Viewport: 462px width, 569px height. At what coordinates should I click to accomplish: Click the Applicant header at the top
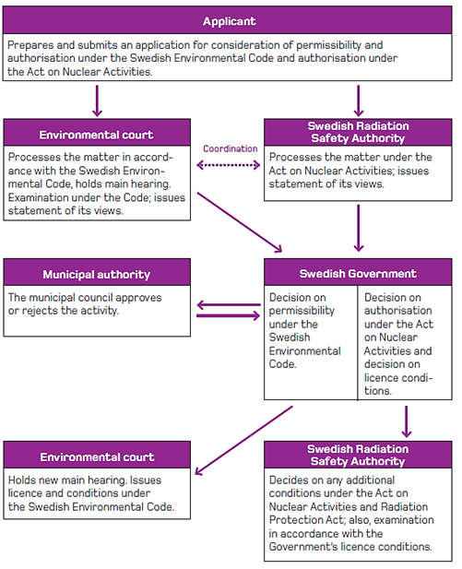[x=229, y=21]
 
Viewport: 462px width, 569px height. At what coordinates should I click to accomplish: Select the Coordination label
[x=231, y=148]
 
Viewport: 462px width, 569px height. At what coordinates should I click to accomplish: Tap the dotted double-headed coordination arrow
[x=229, y=165]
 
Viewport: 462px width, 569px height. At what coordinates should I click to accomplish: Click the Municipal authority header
[x=97, y=274]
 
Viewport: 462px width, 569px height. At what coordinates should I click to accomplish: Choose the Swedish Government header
[x=358, y=273]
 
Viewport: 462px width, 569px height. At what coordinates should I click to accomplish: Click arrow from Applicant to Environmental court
[x=97, y=101]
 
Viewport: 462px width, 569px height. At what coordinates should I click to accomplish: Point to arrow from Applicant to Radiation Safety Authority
[x=358, y=101]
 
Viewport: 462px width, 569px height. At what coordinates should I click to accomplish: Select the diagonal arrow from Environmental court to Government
[x=240, y=222]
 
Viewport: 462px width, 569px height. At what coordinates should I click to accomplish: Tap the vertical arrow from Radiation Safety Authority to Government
[x=358, y=228]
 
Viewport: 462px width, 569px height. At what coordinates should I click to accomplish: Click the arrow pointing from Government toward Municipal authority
[x=229, y=305]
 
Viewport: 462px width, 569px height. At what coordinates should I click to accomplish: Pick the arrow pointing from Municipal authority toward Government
[x=229, y=315]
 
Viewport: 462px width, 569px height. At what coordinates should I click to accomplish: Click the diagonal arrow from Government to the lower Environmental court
[x=243, y=440]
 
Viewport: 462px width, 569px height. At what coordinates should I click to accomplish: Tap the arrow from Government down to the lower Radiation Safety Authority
[x=407, y=421]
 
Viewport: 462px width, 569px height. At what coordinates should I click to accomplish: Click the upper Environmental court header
[x=96, y=135]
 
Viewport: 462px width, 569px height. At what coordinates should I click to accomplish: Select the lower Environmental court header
[x=97, y=456]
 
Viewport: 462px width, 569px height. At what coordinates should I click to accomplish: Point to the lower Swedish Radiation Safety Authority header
[x=358, y=455]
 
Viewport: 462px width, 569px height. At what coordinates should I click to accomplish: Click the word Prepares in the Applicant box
[x=30, y=45]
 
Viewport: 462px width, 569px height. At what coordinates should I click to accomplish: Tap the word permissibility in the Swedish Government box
[x=302, y=311]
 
